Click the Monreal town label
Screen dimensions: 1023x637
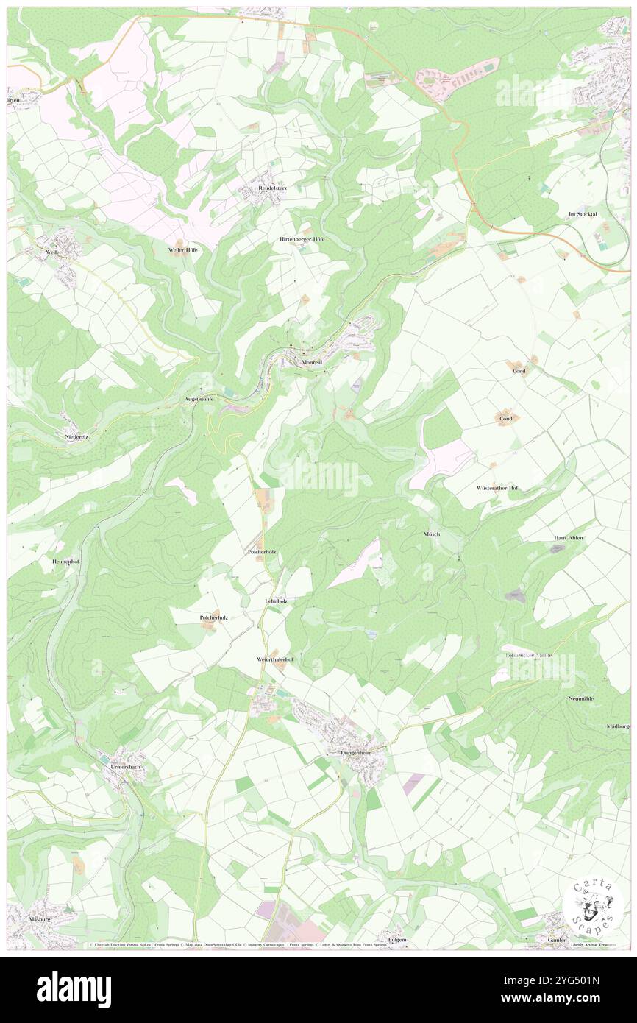(313, 363)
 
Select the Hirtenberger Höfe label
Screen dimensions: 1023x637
(302, 240)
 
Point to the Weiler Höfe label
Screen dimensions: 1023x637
(182, 250)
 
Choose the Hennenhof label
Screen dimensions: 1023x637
(65, 562)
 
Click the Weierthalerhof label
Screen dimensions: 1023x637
(275, 659)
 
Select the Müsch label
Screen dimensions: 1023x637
(431, 534)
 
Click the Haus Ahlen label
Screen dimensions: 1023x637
(568, 538)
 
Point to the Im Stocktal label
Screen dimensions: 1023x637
(582, 214)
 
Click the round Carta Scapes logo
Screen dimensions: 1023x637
(592, 907)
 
